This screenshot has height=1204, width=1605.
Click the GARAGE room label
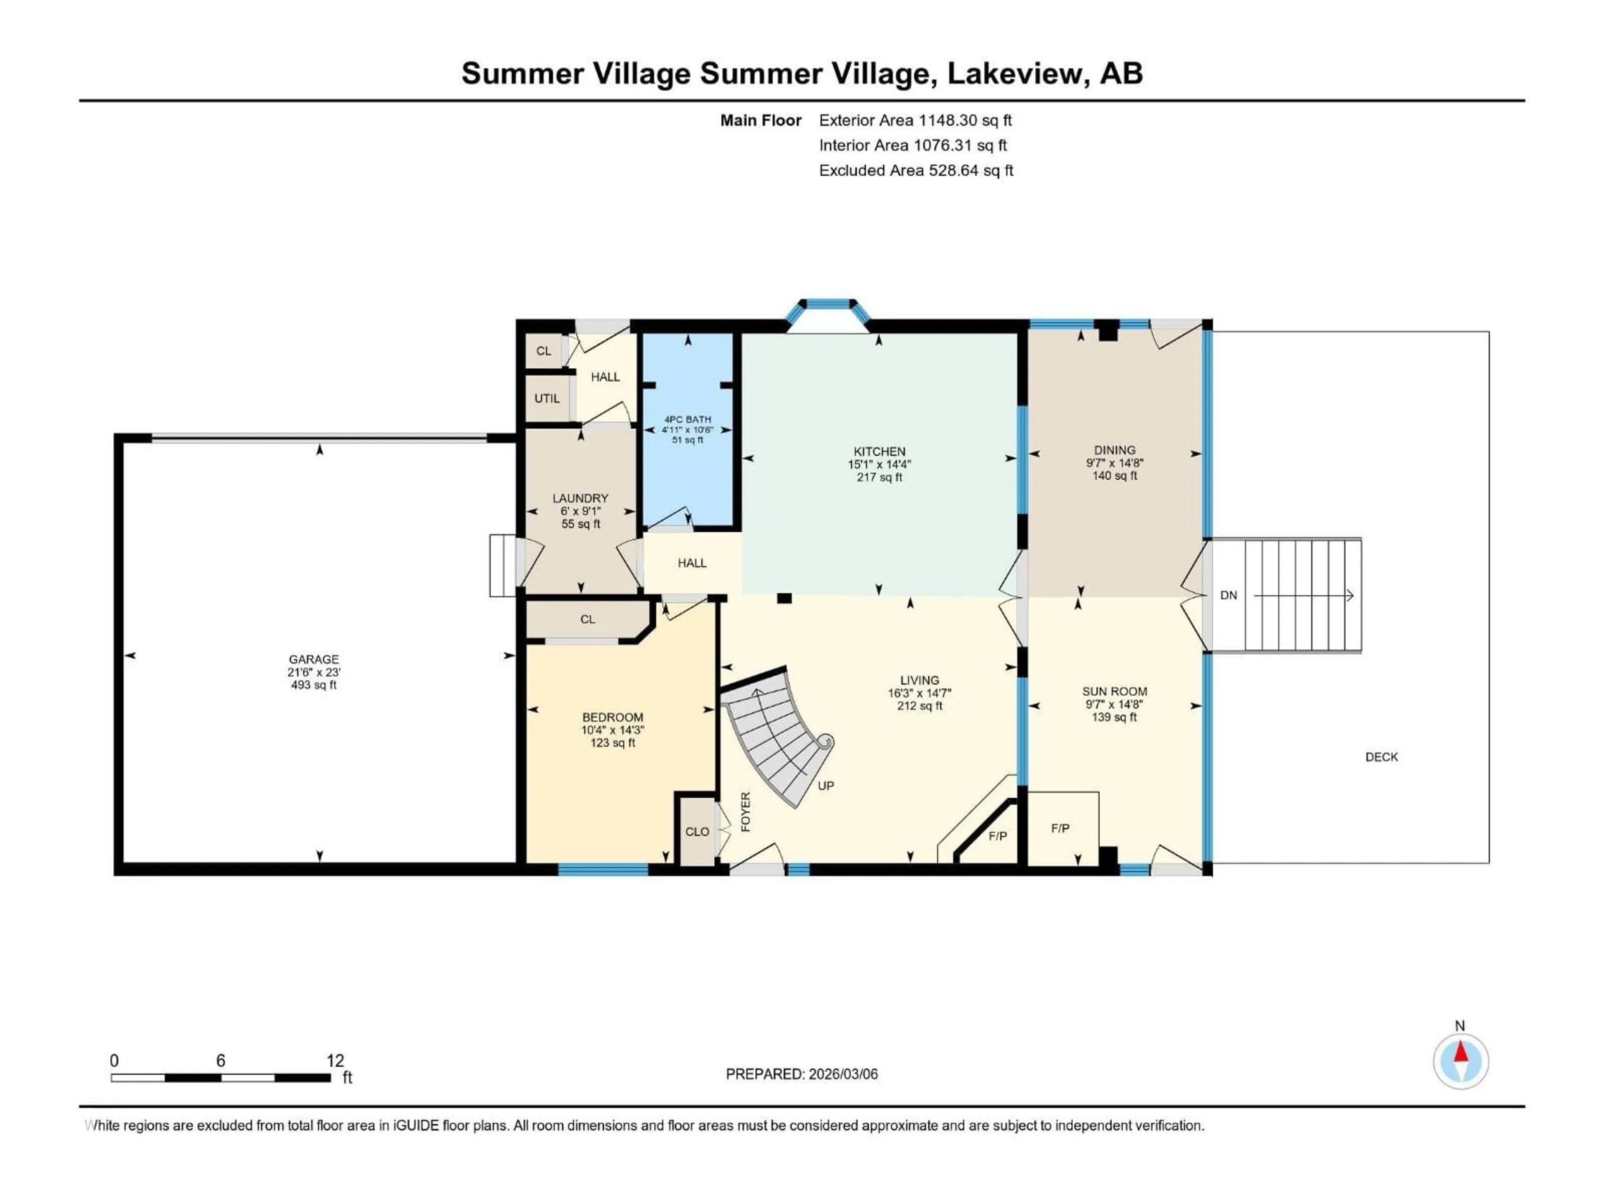(313, 659)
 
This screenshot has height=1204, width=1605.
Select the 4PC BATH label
(687, 419)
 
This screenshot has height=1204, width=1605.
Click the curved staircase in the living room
(777, 740)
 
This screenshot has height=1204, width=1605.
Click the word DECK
(1381, 757)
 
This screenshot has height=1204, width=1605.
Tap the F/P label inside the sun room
(1060, 828)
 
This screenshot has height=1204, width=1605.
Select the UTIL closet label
(546, 398)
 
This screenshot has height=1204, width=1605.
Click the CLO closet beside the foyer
(697, 832)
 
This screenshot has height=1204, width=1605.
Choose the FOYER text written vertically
(745, 811)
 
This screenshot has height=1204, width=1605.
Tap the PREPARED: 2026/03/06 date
(801, 1074)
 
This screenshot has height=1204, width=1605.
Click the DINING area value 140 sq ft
(1114, 476)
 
